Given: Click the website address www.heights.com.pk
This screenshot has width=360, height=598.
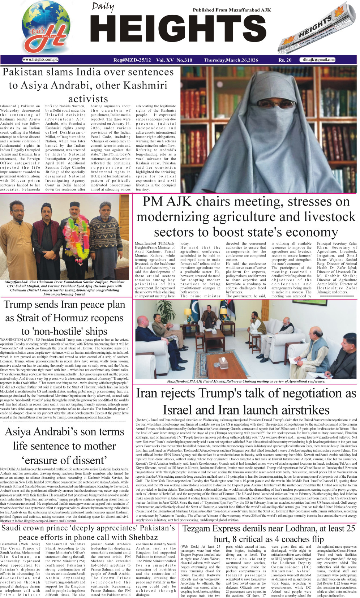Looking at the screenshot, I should [40, 60].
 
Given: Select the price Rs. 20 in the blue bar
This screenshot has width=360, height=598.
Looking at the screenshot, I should [285, 60].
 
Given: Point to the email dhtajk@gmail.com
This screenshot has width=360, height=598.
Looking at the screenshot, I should [319, 60].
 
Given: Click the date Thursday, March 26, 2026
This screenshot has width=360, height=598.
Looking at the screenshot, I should [231, 60].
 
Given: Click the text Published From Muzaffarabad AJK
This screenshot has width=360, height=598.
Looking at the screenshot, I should [232, 10].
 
